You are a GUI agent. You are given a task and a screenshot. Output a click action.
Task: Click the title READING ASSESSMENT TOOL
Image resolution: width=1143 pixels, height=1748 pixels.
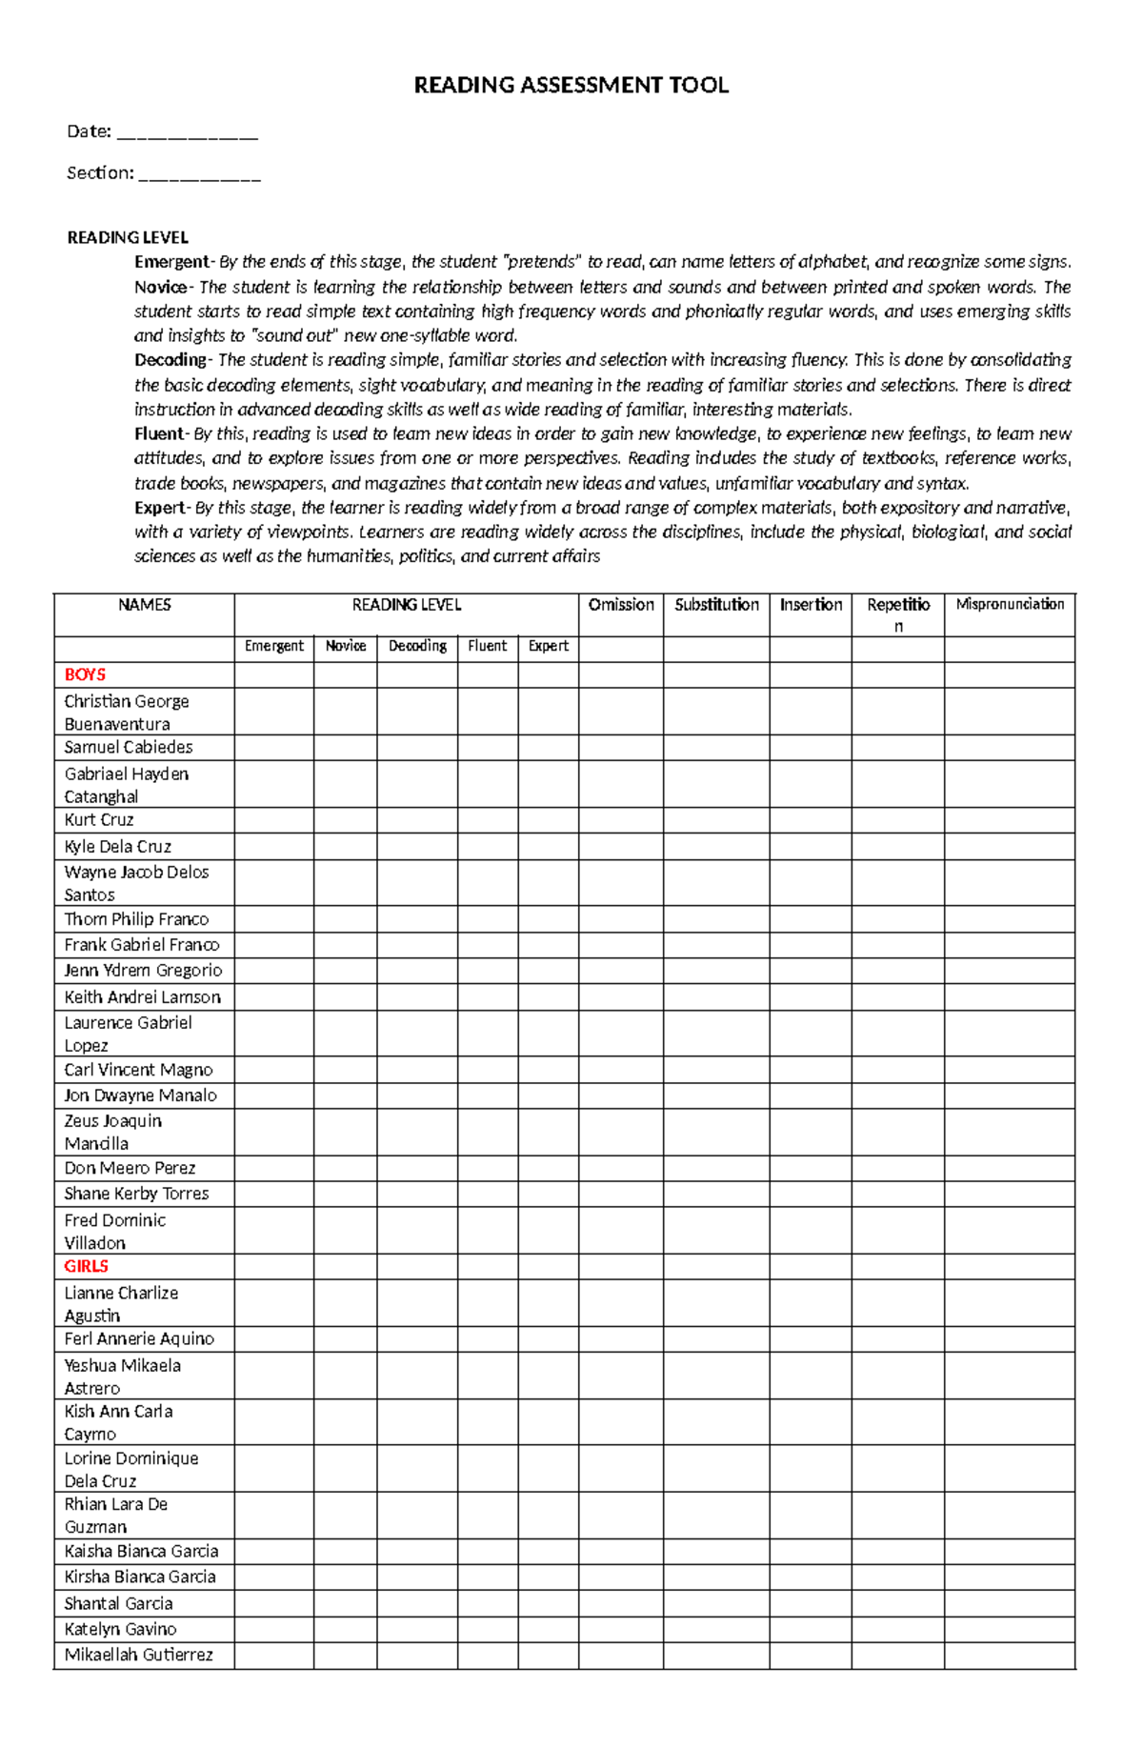click(571, 86)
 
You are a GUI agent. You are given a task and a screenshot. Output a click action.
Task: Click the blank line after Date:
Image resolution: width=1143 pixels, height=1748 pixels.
click(187, 133)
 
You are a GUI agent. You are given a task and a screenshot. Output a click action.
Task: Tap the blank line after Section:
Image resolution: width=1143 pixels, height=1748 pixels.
click(199, 174)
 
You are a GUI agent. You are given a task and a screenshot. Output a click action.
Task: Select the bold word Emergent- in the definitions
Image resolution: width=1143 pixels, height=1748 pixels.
click(173, 262)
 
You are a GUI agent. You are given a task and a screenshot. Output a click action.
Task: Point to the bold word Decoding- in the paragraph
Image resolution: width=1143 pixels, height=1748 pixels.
click(172, 360)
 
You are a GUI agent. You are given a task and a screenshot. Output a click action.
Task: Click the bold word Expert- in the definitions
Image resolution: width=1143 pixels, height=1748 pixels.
click(162, 508)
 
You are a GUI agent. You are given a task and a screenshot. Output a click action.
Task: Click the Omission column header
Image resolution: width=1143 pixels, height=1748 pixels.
click(621, 605)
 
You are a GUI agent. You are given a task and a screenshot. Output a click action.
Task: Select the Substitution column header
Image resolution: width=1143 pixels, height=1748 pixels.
click(716, 605)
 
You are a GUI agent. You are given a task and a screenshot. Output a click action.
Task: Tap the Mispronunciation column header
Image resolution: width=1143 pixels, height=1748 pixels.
click(1010, 604)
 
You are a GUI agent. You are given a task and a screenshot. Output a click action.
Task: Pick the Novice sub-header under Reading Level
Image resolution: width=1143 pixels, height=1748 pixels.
click(345, 646)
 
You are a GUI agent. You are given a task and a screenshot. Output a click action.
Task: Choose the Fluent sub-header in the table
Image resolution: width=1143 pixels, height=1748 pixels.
click(487, 646)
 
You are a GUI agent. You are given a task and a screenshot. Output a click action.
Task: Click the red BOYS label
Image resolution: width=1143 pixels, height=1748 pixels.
click(85, 674)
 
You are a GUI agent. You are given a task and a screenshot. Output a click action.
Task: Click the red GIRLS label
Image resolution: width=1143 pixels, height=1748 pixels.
click(86, 1266)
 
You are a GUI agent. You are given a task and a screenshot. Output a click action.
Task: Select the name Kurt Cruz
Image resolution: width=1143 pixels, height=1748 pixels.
click(99, 820)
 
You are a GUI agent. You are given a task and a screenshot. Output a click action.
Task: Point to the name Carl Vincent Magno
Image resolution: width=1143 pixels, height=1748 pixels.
click(138, 1070)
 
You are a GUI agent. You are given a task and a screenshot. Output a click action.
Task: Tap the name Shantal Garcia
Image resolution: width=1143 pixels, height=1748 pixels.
click(118, 1603)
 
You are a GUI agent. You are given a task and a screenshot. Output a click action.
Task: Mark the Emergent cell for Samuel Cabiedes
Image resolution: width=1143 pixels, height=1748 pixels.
click(273, 748)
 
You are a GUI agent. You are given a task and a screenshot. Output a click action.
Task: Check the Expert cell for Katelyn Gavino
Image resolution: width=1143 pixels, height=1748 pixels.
click(548, 1629)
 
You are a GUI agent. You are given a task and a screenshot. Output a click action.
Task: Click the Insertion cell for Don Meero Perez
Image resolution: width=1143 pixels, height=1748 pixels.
click(810, 1168)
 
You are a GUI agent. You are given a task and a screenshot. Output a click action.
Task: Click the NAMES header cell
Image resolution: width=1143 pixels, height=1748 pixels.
click(144, 605)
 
